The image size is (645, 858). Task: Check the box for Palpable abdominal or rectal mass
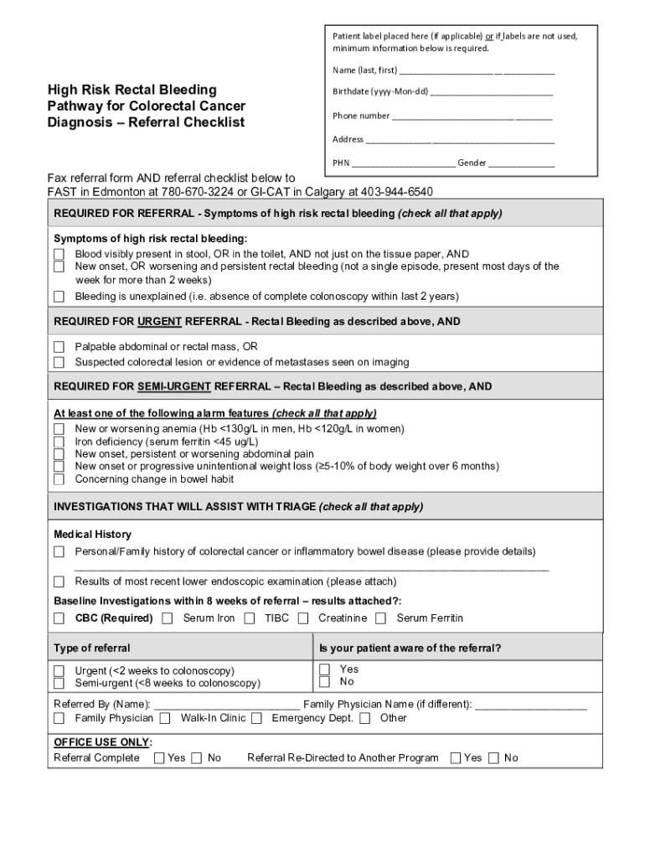(59, 347)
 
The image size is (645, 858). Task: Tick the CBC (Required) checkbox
(59, 618)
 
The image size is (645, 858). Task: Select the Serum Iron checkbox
(168, 618)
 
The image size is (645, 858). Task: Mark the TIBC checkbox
(250, 618)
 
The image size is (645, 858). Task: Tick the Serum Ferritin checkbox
(380, 618)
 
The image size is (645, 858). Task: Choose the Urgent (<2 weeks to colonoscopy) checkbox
(59, 671)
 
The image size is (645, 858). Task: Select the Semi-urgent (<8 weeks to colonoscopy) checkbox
(59, 683)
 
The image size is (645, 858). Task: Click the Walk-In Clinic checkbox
(165, 718)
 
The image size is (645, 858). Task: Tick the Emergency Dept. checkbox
(256, 718)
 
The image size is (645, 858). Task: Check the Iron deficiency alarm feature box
(59, 442)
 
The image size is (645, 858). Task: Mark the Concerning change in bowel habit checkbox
(59, 479)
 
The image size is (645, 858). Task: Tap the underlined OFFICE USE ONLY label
(101, 742)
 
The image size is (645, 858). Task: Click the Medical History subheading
(92, 535)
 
